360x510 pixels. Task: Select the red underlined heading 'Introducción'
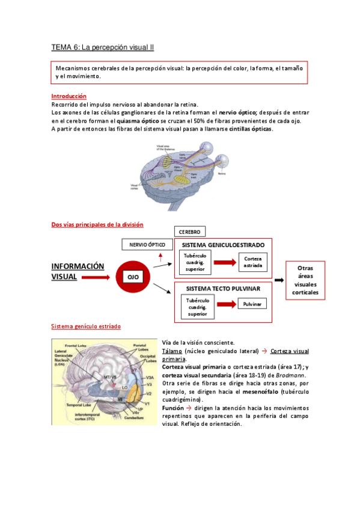[x=69, y=96]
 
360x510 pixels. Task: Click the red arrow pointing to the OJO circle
[x=95, y=278]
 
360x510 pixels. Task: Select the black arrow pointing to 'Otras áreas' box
[x=280, y=280]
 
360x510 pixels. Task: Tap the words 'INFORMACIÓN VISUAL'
[x=77, y=271]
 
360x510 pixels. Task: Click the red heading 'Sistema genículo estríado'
[x=85, y=327]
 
